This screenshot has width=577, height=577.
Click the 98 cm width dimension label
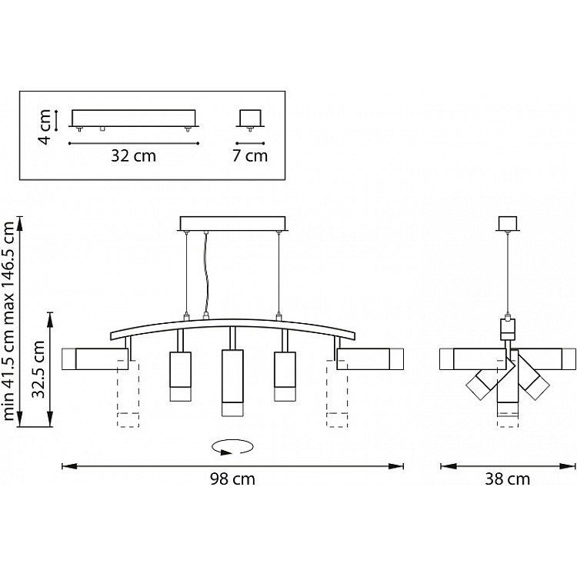pyautogui.click(x=233, y=480)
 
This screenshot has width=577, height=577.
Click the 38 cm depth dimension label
pyautogui.click(x=508, y=480)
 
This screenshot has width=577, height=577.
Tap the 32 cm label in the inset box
pyautogui.click(x=134, y=155)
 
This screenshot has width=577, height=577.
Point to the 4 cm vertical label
pyautogui.click(x=45, y=125)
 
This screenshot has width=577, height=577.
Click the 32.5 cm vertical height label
pyautogui.click(x=35, y=369)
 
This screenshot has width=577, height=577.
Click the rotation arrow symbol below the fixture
pyautogui.click(x=233, y=447)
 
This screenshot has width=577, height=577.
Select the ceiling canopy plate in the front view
pyautogui.click(x=233, y=223)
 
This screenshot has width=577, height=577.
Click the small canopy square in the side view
pyautogui.click(x=506, y=223)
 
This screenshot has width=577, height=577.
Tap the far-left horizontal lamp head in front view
pyautogui.click(x=94, y=359)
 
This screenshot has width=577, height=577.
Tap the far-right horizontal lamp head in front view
pyautogui.click(x=370, y=359)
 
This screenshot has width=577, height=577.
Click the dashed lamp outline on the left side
pyautogui.click(x=128, y=393)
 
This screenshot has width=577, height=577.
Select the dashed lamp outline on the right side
pyautogui.click(x=338, y=393)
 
